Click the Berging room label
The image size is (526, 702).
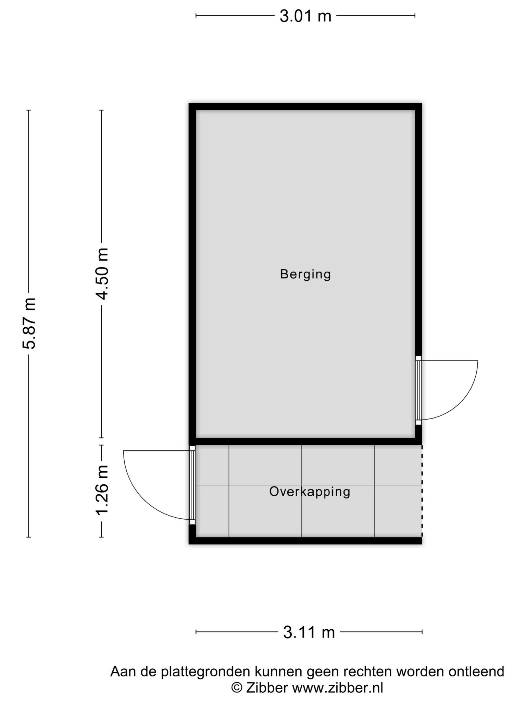tap(305, 275)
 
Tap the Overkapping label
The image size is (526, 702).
tap(310, 492)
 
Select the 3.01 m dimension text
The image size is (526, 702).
tap(305, 16)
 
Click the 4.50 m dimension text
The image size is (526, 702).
tap(102, 274)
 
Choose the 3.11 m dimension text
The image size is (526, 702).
tap(309, 632)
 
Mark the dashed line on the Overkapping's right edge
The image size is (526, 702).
tap(422, 491)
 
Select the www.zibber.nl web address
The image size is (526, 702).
tap(337, 688)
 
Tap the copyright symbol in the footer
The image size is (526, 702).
tap(237, 688)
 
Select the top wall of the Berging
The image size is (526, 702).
tap(305, 107)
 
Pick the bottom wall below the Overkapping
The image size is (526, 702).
tap(305, 541)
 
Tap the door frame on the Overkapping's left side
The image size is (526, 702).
tap(192, 485)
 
